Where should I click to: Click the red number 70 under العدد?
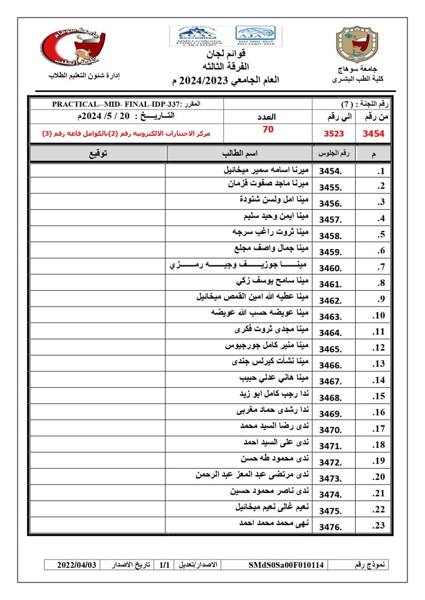[268, 130]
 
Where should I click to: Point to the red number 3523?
[334, 134]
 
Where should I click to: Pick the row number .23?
[378, 526]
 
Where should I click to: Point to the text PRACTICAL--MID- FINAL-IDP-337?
[120, 104]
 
